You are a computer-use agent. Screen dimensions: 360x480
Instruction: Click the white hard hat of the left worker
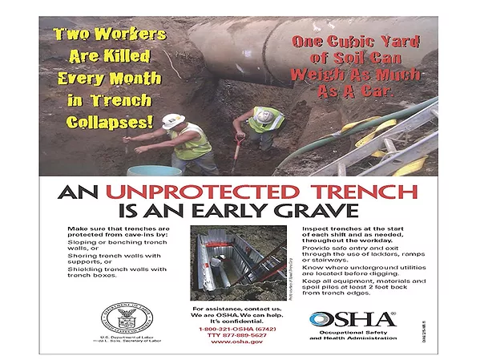pyautogui.click(x=171, y=120)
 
